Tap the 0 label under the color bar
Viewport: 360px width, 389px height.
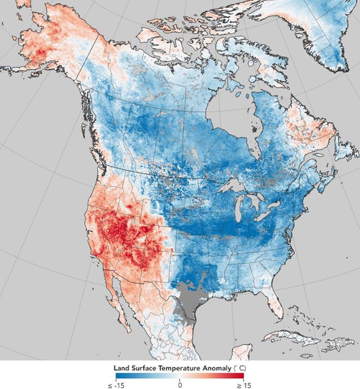179,385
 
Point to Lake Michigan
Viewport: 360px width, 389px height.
240,208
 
